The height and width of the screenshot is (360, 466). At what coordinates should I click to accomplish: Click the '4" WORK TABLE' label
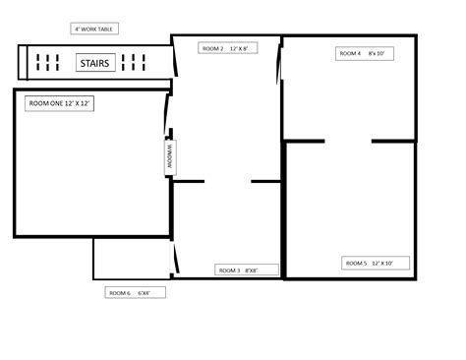[93, 30]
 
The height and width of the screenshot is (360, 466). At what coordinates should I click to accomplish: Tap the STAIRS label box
[94, 63]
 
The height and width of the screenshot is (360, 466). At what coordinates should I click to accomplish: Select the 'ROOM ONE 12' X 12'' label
[60, 103]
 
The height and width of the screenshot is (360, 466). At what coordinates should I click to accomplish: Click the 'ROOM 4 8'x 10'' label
[364, 53]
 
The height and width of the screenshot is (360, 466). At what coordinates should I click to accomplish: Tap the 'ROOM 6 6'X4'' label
[137, 292]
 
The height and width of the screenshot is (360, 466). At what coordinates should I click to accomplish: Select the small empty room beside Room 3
[133, 258]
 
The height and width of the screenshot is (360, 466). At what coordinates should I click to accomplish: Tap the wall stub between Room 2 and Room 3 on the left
[189, 181]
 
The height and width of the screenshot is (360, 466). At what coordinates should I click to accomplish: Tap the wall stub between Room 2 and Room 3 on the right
[266, 181]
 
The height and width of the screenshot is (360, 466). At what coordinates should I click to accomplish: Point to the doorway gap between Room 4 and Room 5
[348, 142]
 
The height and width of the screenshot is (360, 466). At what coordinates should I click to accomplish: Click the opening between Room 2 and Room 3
[227, 181]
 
